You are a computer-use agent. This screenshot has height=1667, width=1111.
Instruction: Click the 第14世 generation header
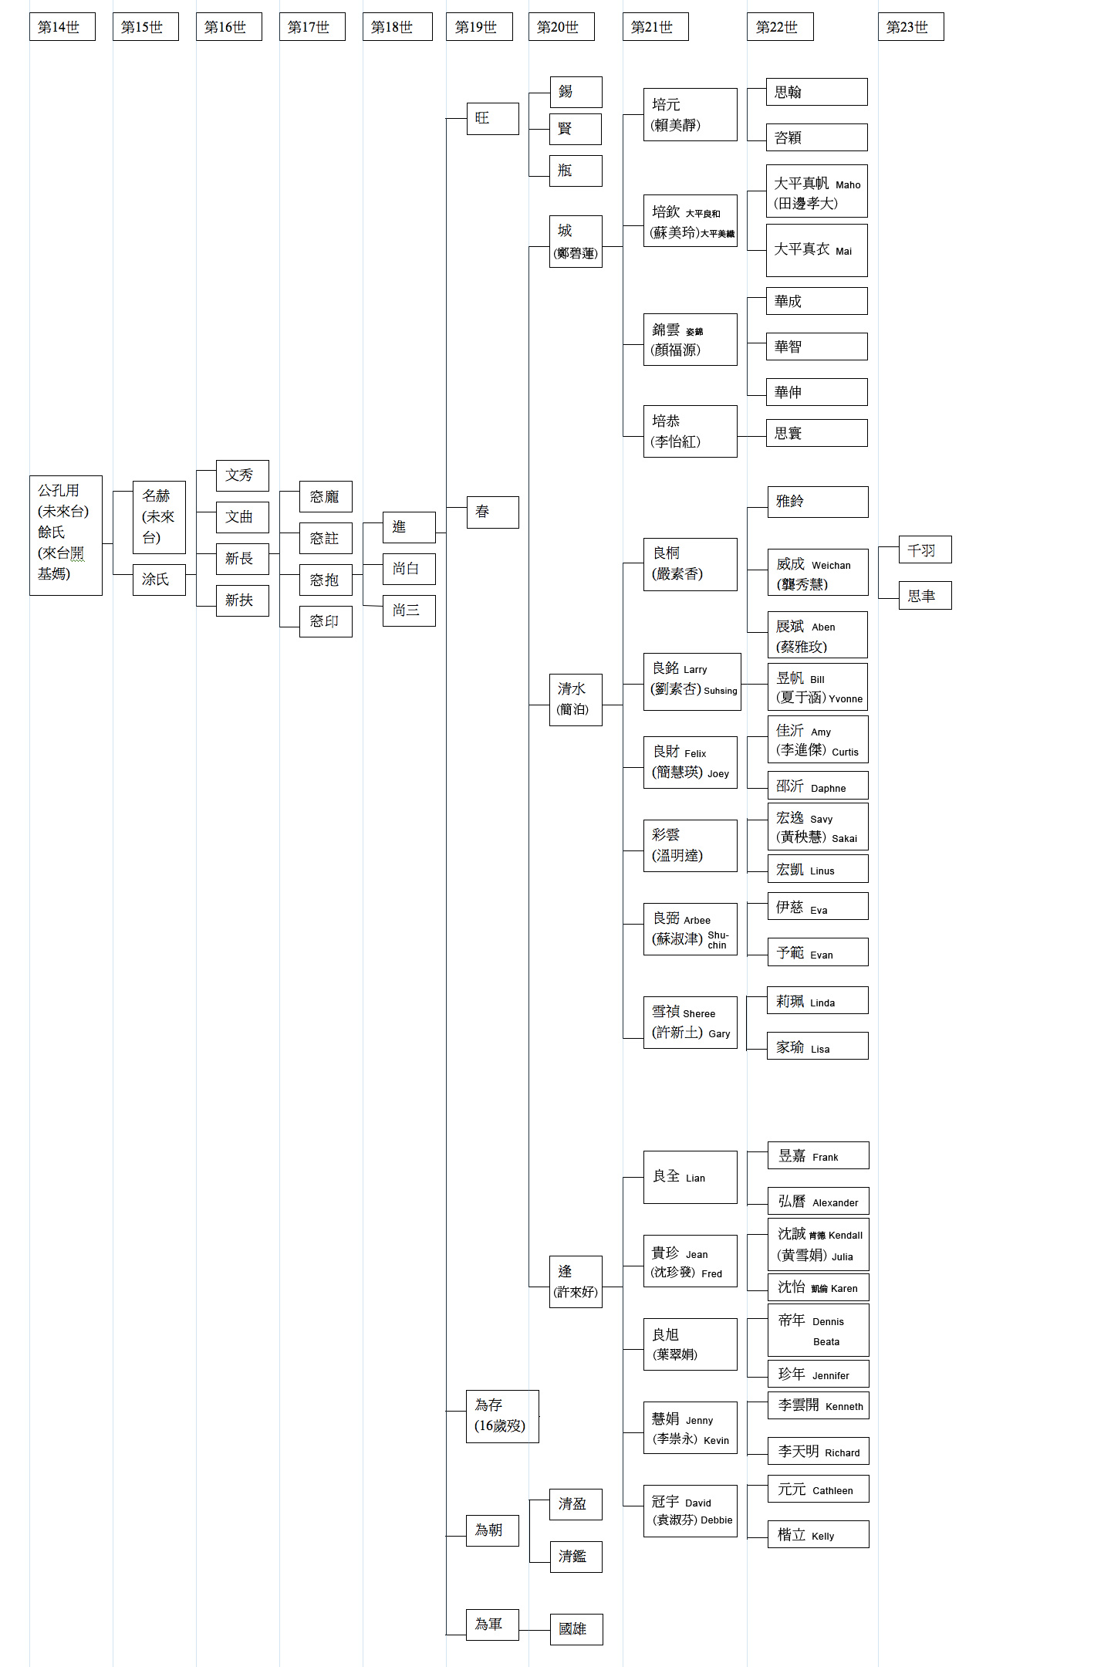pyautogui.click(x=62, y=27)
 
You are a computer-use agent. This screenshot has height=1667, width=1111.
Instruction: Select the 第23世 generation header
pyautogui.click(x=910, y=27)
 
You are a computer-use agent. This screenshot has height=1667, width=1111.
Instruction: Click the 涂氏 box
pyautogui.click(x=159, y=580)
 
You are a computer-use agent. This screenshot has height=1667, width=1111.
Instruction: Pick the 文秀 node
pyautogui.click(x=242, y=475)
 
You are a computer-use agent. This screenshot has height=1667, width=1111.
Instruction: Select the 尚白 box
pyautogui.click(x=409, y=569)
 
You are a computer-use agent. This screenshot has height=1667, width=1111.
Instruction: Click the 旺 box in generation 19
pyautogui.click(x=492, y=118)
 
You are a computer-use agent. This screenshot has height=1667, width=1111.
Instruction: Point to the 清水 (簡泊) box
pyautogui.click(x=575, y=699)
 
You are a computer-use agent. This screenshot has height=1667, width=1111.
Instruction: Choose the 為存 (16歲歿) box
pyautogui.click(x=502, y=1415)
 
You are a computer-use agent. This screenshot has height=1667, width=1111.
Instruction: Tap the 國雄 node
pyautogui.click(x=576, y=1628)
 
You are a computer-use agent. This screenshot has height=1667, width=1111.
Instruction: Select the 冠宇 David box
pyautogui.click(x=690, y=1510)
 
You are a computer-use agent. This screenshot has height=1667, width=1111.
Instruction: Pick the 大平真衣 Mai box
pyautogui.click(x=816, y=250)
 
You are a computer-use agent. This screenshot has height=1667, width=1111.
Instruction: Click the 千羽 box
pyautogui.click(x=924, y=550)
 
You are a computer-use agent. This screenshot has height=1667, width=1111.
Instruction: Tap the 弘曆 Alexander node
pyautogui.click(x=818, y=1201)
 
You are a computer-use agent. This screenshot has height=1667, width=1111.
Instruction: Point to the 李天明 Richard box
pyautogui.click(x=818, y=1451)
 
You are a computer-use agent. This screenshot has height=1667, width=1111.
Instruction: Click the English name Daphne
pyautogui.click(x=828, y=788)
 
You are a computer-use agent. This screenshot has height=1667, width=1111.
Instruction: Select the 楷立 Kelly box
pyautogui.click(x=818, y=1534)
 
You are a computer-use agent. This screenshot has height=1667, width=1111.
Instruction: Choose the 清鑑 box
pyautogui.click(x=575, y=1557)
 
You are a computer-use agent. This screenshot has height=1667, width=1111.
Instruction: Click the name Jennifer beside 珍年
pyautogui.click(x=830, y=1375)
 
